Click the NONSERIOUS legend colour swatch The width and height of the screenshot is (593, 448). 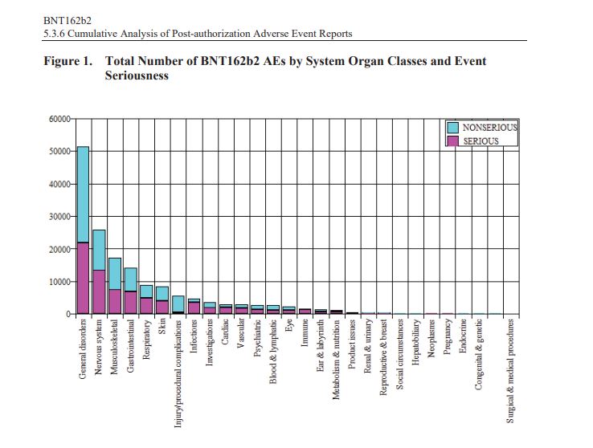click(452, 128)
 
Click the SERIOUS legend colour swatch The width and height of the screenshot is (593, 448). click(452, 141)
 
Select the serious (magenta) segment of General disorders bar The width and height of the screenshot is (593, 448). click(83, 278)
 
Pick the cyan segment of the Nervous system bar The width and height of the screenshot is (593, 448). click(99, 250)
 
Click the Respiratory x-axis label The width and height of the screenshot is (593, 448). click(146, 340)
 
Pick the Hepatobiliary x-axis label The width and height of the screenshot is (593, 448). click(415, 344)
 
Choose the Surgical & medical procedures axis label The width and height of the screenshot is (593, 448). click(509, 369)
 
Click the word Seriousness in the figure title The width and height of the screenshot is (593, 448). click(137, 75)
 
